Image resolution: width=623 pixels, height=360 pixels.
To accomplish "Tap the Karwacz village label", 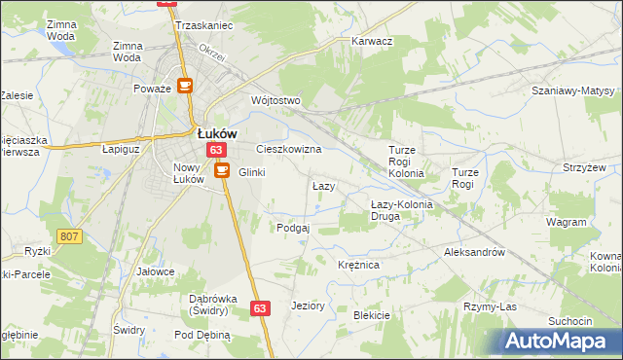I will click(371, 42).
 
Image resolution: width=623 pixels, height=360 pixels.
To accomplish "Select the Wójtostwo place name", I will click(275, 100).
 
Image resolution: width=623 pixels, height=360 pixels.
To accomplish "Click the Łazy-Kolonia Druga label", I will click(399, 209).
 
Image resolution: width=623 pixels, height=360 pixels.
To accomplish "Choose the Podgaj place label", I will click(292, 227).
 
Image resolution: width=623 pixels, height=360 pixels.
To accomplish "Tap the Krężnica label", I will click(357, 264).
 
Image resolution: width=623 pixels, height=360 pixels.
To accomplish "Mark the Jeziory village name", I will click(308, 305).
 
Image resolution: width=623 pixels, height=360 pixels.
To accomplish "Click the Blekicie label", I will click(371, 314).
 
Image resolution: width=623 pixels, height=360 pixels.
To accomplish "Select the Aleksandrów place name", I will click(473, 251).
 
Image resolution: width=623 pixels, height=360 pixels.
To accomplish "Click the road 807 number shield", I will click(69, 236).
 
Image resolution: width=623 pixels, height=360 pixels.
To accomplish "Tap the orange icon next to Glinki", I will click(221, 170).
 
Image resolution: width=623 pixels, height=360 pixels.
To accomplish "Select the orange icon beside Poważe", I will click(185, 86).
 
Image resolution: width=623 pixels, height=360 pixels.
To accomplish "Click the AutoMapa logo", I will click(559, 341).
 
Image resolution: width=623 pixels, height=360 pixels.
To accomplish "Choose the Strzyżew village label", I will click(584, 167).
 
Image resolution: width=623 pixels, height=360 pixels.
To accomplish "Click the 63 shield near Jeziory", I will click(259, 307).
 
